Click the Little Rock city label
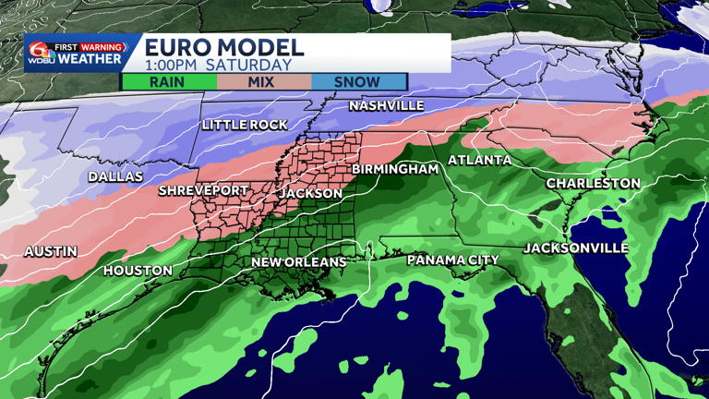245,125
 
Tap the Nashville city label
386,106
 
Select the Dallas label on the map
115,176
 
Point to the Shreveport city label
203,191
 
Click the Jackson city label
310,194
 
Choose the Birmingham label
394,170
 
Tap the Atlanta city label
479,161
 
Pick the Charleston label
593,184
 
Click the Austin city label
51,251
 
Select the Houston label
138,271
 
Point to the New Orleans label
299,262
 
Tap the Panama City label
452,260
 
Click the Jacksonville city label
575,248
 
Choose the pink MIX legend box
264,81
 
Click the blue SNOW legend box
358,81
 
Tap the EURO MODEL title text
224,48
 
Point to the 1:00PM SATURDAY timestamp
218,66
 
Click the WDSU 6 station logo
42,52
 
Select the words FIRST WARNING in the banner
89,47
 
